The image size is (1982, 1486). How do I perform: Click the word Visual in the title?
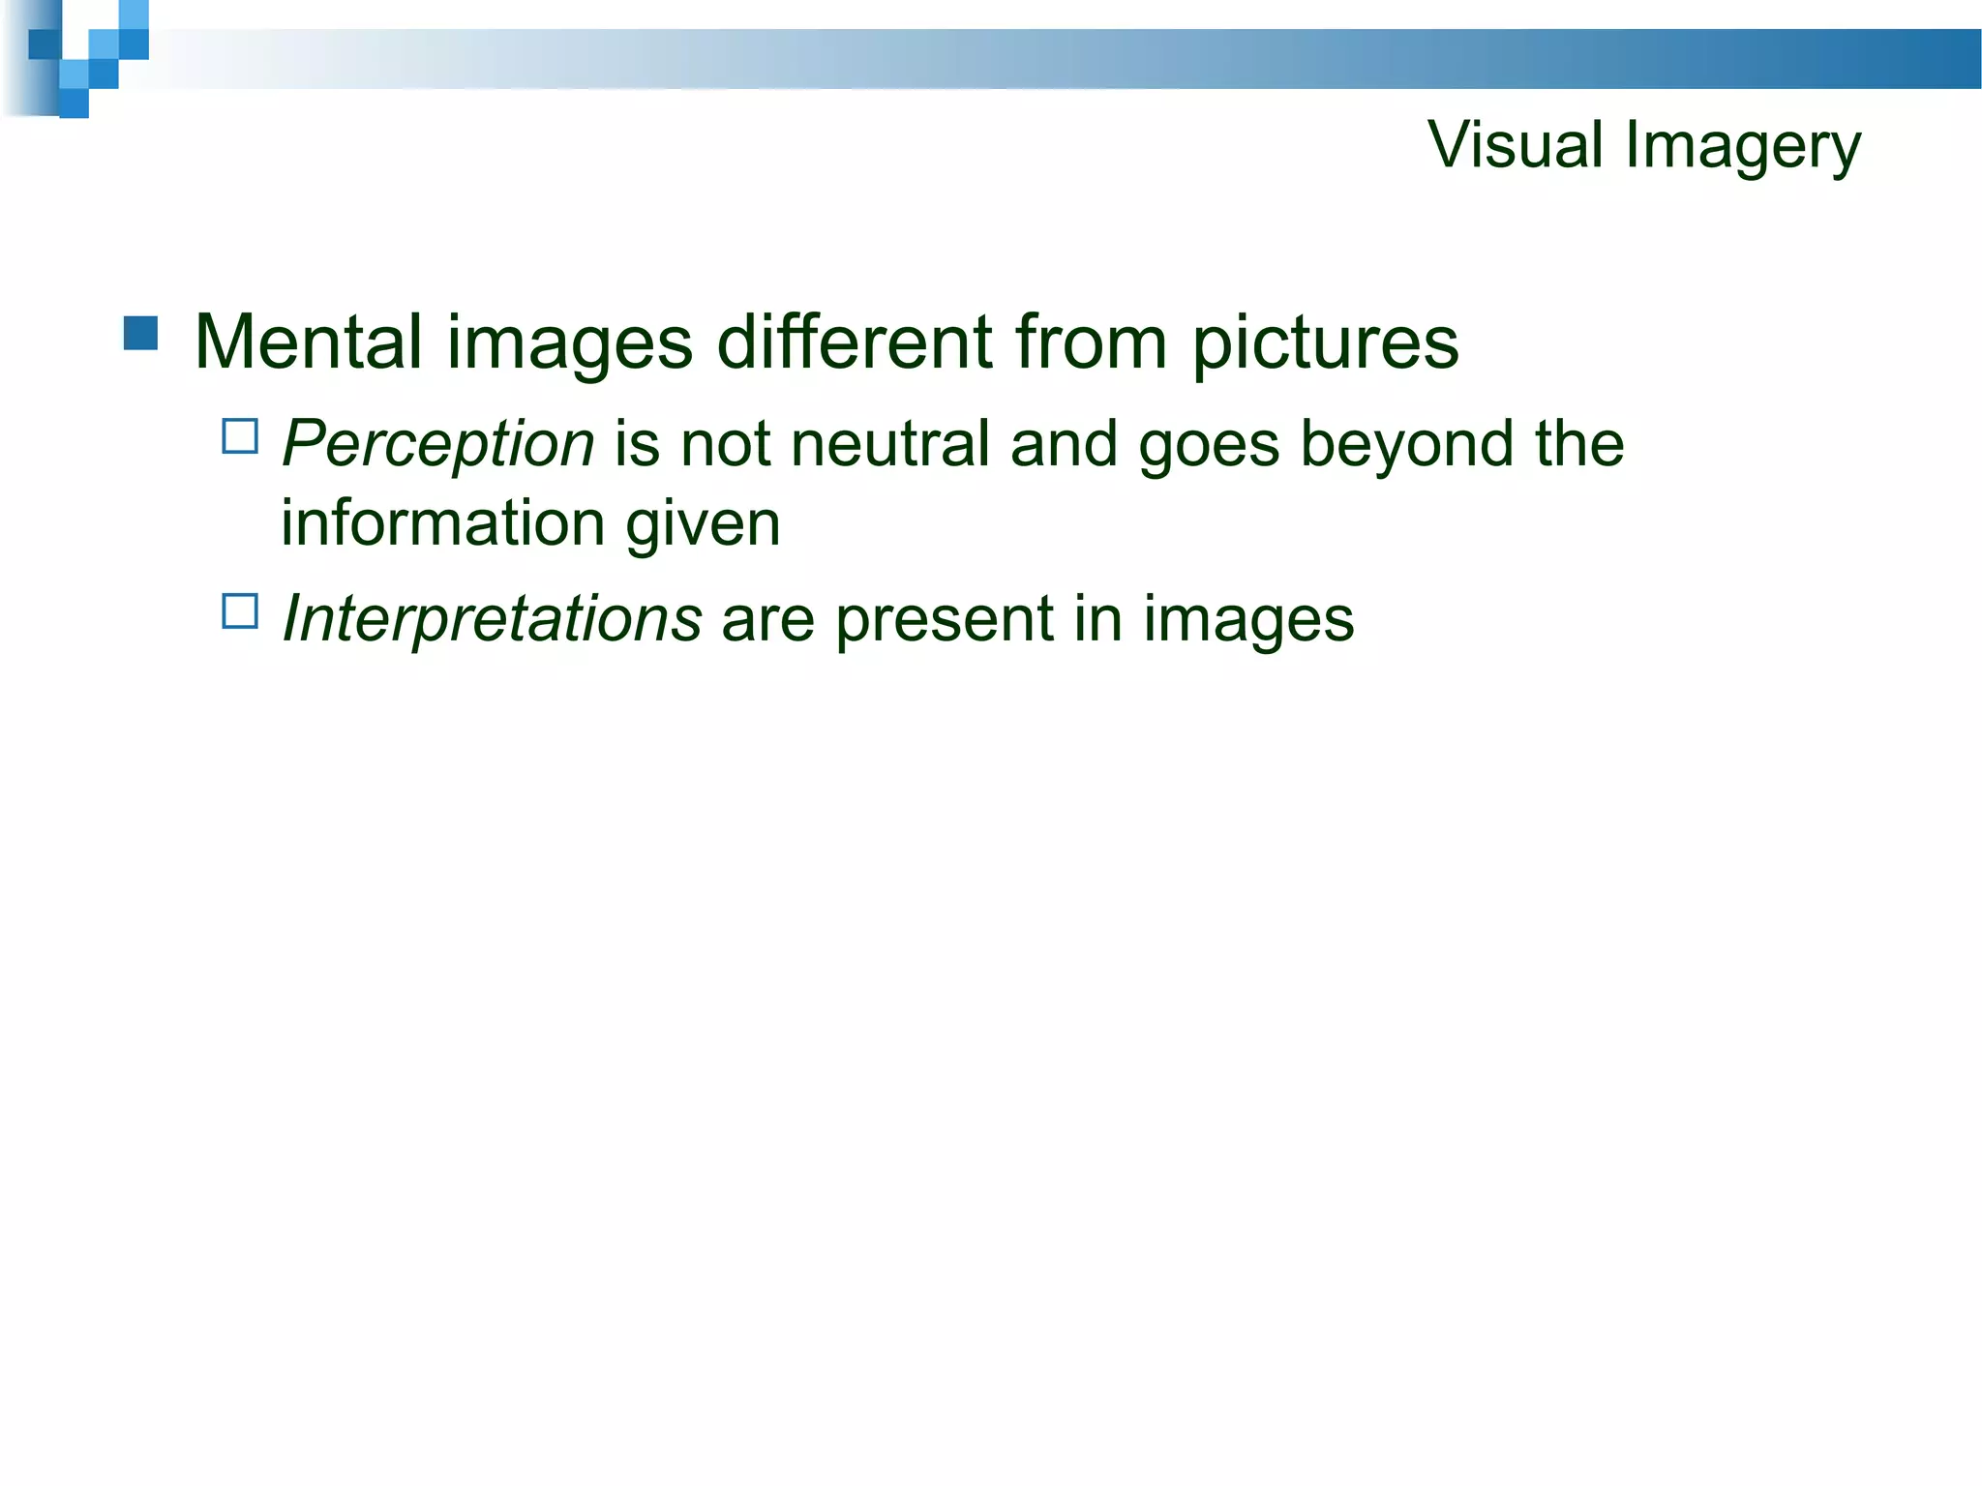(1516, 145)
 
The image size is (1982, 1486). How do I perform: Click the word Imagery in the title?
(1742, 147)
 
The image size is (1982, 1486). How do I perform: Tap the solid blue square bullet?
(141, 333)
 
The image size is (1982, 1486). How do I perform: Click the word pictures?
(1325, 344)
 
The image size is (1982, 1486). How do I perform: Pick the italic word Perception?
(437, 445)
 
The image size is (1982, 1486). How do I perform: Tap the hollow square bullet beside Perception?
(240, 436)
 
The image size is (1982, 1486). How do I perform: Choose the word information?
(442, 522)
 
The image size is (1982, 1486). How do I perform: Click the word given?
(703, 524)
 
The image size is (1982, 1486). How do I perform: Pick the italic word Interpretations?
(492, 619)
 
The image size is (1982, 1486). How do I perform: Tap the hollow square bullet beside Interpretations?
(240, 611)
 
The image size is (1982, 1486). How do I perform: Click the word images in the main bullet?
(570, 344)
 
